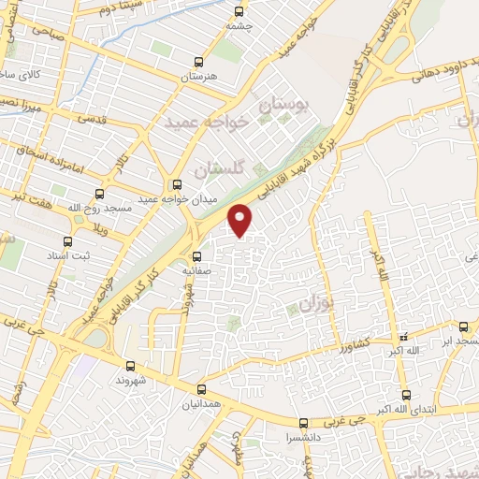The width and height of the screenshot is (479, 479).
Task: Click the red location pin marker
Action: pos(241,219)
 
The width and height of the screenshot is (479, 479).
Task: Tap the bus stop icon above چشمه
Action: pos(239,12)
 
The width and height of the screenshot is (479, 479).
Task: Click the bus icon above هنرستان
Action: pos(197,61)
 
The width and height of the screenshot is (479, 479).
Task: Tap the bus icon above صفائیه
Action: pos(196,255)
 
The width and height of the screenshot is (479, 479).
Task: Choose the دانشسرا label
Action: pos(303,437)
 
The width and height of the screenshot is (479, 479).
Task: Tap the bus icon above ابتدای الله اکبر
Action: pos(405,395)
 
